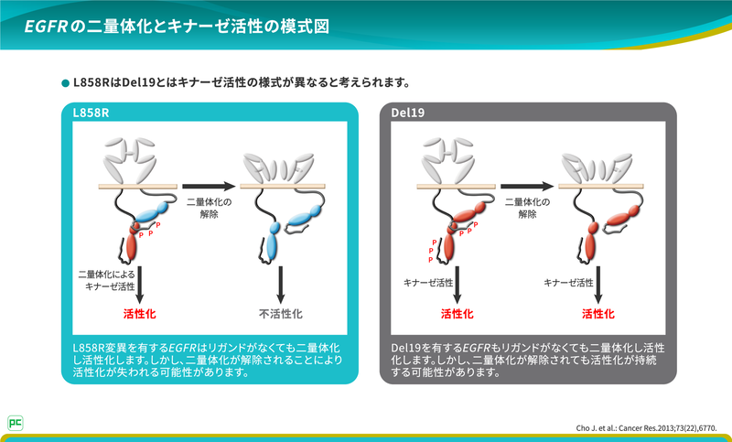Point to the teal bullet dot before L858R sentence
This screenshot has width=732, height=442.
[65, 82]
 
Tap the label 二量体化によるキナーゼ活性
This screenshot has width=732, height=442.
[106, 280]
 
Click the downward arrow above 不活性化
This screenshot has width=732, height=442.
[281, 284]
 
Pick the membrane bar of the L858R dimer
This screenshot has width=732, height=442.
[138, 186]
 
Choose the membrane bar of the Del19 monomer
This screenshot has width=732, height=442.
[597, 186]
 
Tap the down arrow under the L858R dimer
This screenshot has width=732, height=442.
[140, 284]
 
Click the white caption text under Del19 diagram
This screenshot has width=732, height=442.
[528, 361]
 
